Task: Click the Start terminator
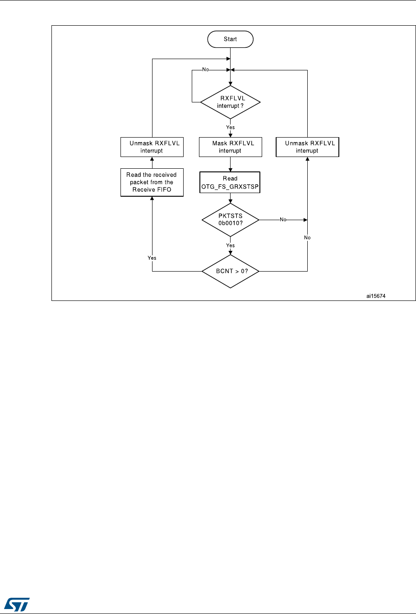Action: coord(230,39)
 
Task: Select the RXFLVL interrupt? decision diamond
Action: coord(230,102)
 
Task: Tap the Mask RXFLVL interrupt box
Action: coord(230,147)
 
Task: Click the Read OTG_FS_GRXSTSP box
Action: coord(230,182)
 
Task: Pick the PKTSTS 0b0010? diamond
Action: coord(230,220)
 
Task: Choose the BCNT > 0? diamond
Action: coord(230,271)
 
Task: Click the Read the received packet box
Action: coord(152,182)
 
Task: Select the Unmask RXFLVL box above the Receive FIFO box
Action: coord(152,147)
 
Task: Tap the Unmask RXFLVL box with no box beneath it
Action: coord(307,147)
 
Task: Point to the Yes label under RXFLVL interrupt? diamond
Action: coord(230,128)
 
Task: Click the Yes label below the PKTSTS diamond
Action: coord(230,246)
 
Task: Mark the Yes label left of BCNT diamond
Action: coord(152,258)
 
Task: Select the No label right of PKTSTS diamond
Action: coord(283,220)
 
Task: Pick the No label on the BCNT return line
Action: coord(307,237)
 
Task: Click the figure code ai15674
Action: coord(376,296)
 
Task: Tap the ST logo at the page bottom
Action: coord(18,601)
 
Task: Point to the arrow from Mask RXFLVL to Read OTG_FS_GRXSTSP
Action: coord(230,164)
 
